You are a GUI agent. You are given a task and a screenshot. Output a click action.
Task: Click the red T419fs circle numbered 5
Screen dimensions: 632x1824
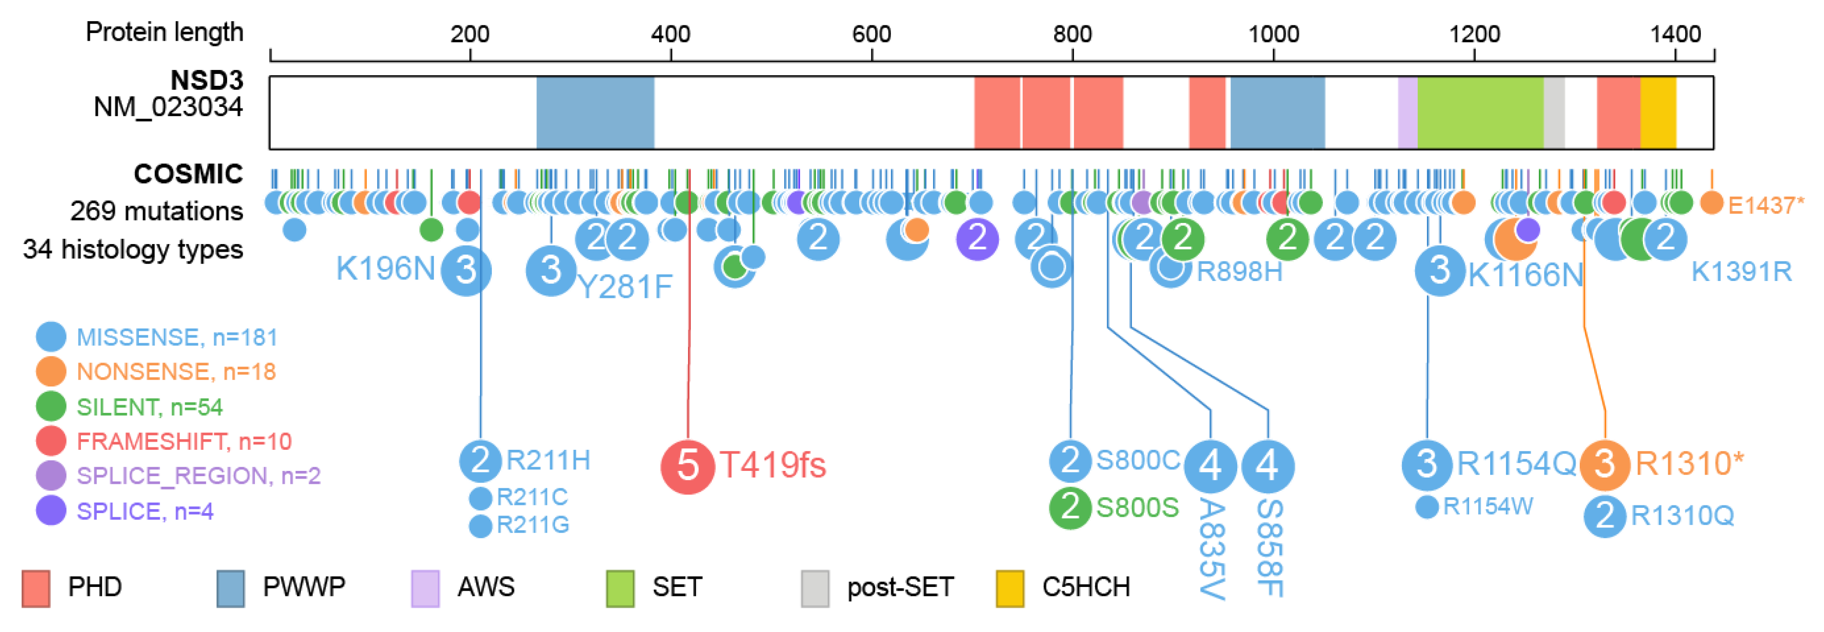point(687,466)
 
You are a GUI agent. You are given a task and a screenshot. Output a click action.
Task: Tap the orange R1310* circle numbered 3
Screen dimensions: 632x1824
point(1605,465)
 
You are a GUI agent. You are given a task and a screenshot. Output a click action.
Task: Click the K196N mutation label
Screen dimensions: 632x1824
point(385,269)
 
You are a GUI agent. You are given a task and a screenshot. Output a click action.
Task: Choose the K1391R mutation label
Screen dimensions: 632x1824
point(1741,271)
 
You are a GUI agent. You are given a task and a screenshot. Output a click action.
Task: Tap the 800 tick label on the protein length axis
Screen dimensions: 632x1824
point(1072,34)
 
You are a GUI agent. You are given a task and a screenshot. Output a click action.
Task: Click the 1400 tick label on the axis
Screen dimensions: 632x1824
point(1676,34)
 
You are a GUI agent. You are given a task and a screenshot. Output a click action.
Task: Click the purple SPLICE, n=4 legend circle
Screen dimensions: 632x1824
point(51,510)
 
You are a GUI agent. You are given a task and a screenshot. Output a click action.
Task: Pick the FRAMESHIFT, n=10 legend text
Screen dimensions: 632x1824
point(184,442)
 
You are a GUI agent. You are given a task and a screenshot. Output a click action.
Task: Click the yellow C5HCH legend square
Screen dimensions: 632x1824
point(1010,588)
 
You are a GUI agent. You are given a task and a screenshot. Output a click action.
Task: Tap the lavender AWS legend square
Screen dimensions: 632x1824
point(425,588)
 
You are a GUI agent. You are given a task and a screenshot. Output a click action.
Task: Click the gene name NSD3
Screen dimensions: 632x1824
point(207,81)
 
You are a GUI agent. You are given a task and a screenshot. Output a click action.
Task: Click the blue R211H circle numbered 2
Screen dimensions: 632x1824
point(481,460)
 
